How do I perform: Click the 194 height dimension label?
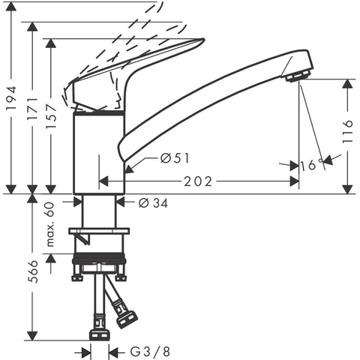(x=11, y=97)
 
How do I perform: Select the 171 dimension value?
(x=32, y=109)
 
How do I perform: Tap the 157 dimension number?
(x=51, y=116)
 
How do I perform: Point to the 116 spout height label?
(x=347, y=131)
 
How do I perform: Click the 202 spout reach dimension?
(x=198, y=181)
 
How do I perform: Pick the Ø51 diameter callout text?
(x=175, y=158)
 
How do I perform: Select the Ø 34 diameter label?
(x=153, y=203)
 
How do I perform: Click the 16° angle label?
(x=311, y=165)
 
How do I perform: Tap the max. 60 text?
(x=50, y=224)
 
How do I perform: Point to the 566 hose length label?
(x=32, y=271)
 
